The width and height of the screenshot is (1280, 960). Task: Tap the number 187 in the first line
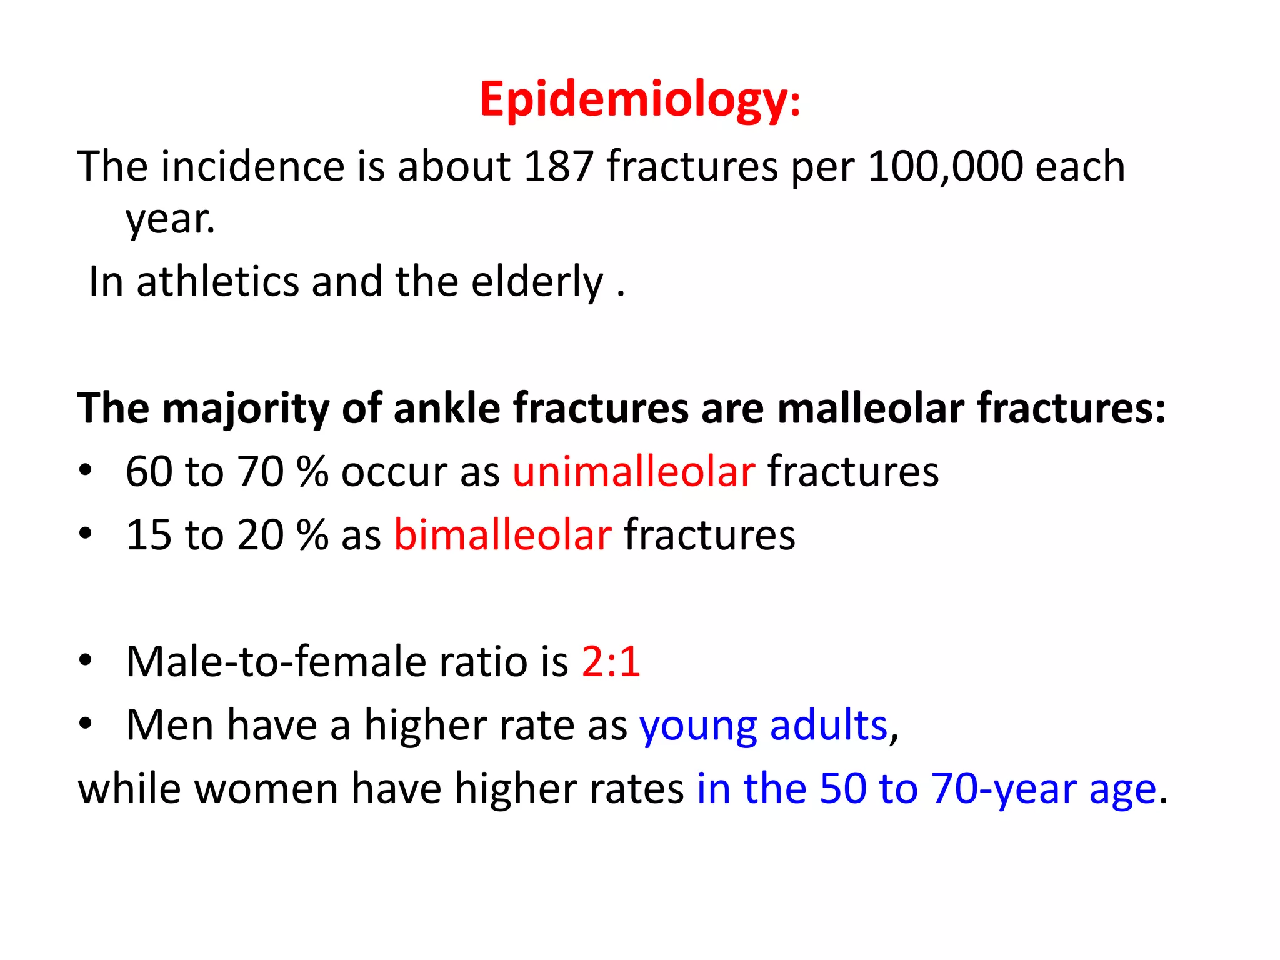pyautogui.click(x=558, y=167)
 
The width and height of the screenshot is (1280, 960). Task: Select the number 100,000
pyautogui.click(x=945, y=167)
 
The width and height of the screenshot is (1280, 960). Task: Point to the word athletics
pyautogui.click(x=217, y=282)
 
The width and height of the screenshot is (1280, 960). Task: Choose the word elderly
pyautogui.click(x=537, y=282)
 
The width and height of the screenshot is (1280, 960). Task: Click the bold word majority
pyautogui.click(x=245, y=409)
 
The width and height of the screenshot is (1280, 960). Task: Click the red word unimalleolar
pyautogui.click(x=634, y=472)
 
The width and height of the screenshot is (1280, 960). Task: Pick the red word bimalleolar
pyautogui.click(x=502, y=536)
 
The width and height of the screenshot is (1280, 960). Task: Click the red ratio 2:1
pyautogui.click(x=611, y=662)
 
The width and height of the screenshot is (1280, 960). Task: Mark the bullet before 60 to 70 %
pyautogui.click(x=86, y=471)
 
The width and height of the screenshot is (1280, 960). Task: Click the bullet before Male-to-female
pyautogui.click(x=86, y=661)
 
